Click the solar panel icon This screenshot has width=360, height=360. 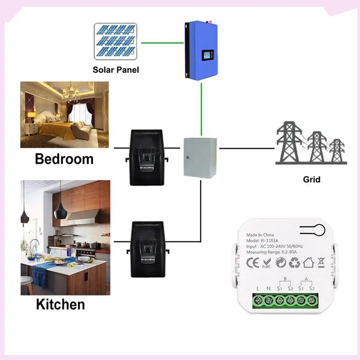[115, 41]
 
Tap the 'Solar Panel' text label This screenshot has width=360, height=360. [116, 70]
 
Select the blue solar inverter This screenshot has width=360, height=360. [201, 51]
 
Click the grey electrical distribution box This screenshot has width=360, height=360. [200, 157]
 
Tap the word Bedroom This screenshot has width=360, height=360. [64, 159]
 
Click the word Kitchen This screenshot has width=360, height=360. [60, 304]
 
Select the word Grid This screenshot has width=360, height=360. [311, 180]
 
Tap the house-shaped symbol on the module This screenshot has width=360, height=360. [309, 261]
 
